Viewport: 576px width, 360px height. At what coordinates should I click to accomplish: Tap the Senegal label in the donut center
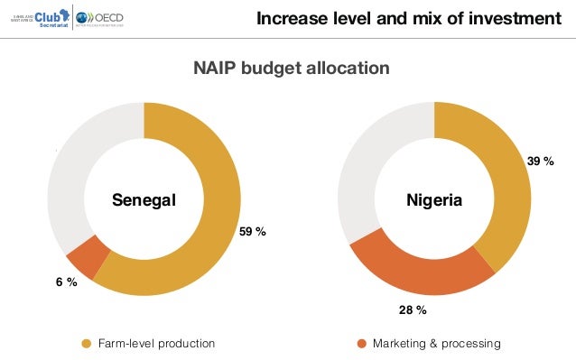click(144, 200)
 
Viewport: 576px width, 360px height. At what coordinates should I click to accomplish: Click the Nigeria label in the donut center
click(433, 200)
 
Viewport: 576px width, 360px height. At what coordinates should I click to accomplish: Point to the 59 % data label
click(252, 233)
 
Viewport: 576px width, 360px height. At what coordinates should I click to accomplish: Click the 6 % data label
click(64, 282)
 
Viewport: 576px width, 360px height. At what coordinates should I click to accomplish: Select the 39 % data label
click(540, 161)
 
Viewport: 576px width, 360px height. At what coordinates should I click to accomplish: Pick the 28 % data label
click(413, 309)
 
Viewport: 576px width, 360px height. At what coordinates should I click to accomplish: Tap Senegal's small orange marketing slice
click(82, 259)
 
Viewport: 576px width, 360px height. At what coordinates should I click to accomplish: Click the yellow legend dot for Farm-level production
click(87, 344)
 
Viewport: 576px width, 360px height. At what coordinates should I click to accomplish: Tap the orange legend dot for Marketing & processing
click(362, 344)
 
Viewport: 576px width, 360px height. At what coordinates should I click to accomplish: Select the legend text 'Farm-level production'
click(156, 344)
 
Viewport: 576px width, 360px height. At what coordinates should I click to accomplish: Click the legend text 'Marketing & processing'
click(436, 344)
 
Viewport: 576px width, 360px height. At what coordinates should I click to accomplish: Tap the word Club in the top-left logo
click(51, 16)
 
